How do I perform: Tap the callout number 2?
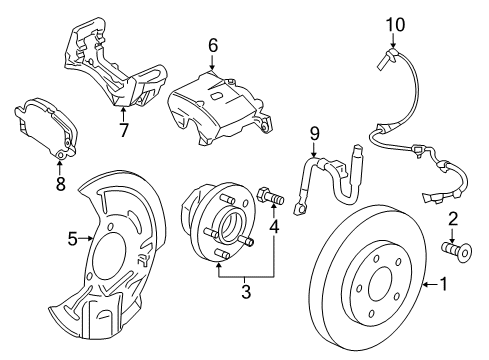pos(453,218)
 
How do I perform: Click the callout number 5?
pos(72,238)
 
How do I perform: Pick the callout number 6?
pos(212,45)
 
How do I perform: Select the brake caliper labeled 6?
pos(215,105)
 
